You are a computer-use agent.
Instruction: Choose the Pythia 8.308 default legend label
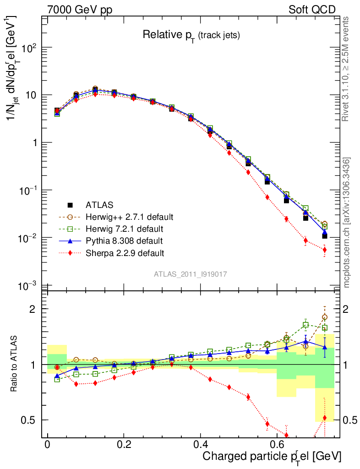[x=124, y=240]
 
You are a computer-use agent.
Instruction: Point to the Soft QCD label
[x=312, y=10]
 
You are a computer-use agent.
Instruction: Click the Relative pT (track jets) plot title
[x=191, y=34]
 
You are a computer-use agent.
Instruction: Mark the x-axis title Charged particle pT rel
[x=272, y=456]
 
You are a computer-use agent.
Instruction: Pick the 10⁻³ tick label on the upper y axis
[x=32, y=286]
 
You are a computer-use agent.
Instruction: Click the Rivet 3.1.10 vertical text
[x=346, y=69]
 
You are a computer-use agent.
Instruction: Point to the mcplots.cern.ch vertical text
[x=347, y=222]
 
